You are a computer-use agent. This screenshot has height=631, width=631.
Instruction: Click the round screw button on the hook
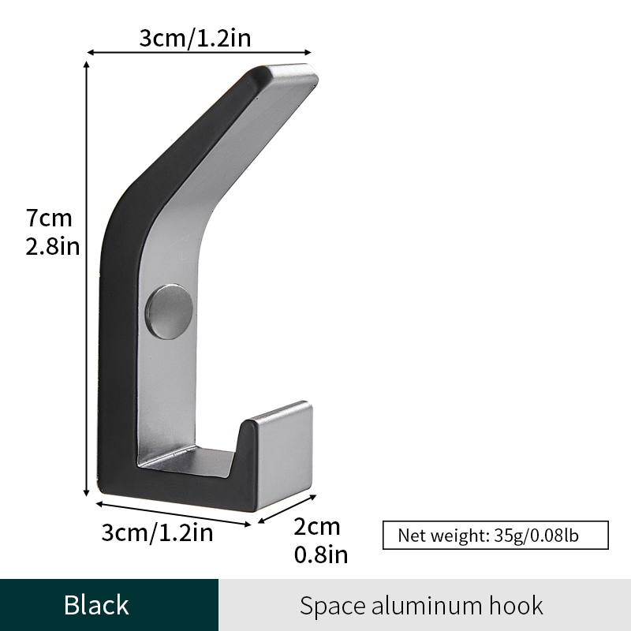[x=169, y=312]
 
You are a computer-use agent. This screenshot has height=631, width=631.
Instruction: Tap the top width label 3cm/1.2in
[x=195, y=38]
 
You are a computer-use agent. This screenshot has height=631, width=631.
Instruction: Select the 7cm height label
[x=49, y=218]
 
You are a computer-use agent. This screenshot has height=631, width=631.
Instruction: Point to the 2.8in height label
[x=53, y=246]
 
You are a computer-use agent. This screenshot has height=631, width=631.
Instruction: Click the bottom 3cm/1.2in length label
[x=157, y=532]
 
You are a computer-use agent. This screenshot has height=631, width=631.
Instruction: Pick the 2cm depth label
[x=317, y=526]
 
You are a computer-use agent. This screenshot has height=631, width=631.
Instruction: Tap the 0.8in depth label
[x=321, y=554]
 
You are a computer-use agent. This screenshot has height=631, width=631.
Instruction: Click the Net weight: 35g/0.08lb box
[x=495, y=536]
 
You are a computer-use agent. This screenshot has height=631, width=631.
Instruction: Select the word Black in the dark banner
[x=96, y=605]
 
